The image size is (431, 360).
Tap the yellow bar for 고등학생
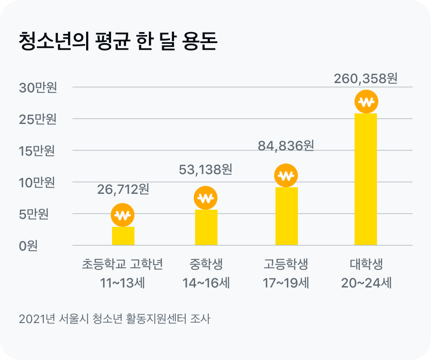click(x=286, y=216)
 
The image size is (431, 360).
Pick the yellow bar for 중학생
click(x=206, y=228)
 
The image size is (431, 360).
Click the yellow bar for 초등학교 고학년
click(x=123, y=236)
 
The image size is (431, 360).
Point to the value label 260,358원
click(x=366, y=79)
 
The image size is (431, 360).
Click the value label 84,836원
click(x=286, y=145)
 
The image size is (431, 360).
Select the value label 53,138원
click(x=206, y=169)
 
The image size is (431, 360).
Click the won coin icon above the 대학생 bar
click(x=366, y=102)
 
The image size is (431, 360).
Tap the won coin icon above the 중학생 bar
click(x=206, y=198)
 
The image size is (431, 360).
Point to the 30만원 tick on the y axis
click(x=38, y=87)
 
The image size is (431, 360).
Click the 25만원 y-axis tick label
click(x=38, y=119)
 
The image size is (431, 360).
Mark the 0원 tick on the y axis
click(x=28, y=246)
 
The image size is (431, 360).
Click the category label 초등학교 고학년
click(x=123, y=265)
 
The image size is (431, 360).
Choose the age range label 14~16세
click(x=206, y=283)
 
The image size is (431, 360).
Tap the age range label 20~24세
click(x=366, y=283)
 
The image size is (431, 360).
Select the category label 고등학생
click(x=286, y=265)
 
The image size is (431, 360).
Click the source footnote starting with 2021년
click(x=115, y=319)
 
